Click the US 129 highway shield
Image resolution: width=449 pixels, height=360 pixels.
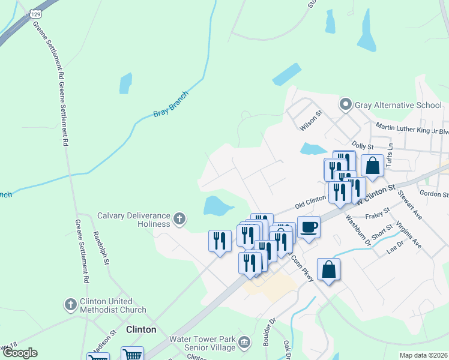point(36,13)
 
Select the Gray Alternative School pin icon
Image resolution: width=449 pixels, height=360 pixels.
point(346,105)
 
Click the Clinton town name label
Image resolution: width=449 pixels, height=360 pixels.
point(141,329)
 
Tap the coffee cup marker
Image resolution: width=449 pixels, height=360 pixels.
point(309,227)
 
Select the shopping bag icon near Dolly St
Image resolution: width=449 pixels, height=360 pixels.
point(372,165)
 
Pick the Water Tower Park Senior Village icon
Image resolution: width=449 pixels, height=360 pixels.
point(244,343)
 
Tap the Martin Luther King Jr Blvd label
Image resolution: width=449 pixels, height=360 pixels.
point(412,128)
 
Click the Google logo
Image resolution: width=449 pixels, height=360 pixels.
point(20,353)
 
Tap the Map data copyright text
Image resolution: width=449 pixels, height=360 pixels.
point(423,355)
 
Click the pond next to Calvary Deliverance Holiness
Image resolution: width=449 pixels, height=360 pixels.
point(217,206)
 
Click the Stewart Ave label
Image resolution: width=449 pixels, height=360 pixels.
point(410,206)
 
